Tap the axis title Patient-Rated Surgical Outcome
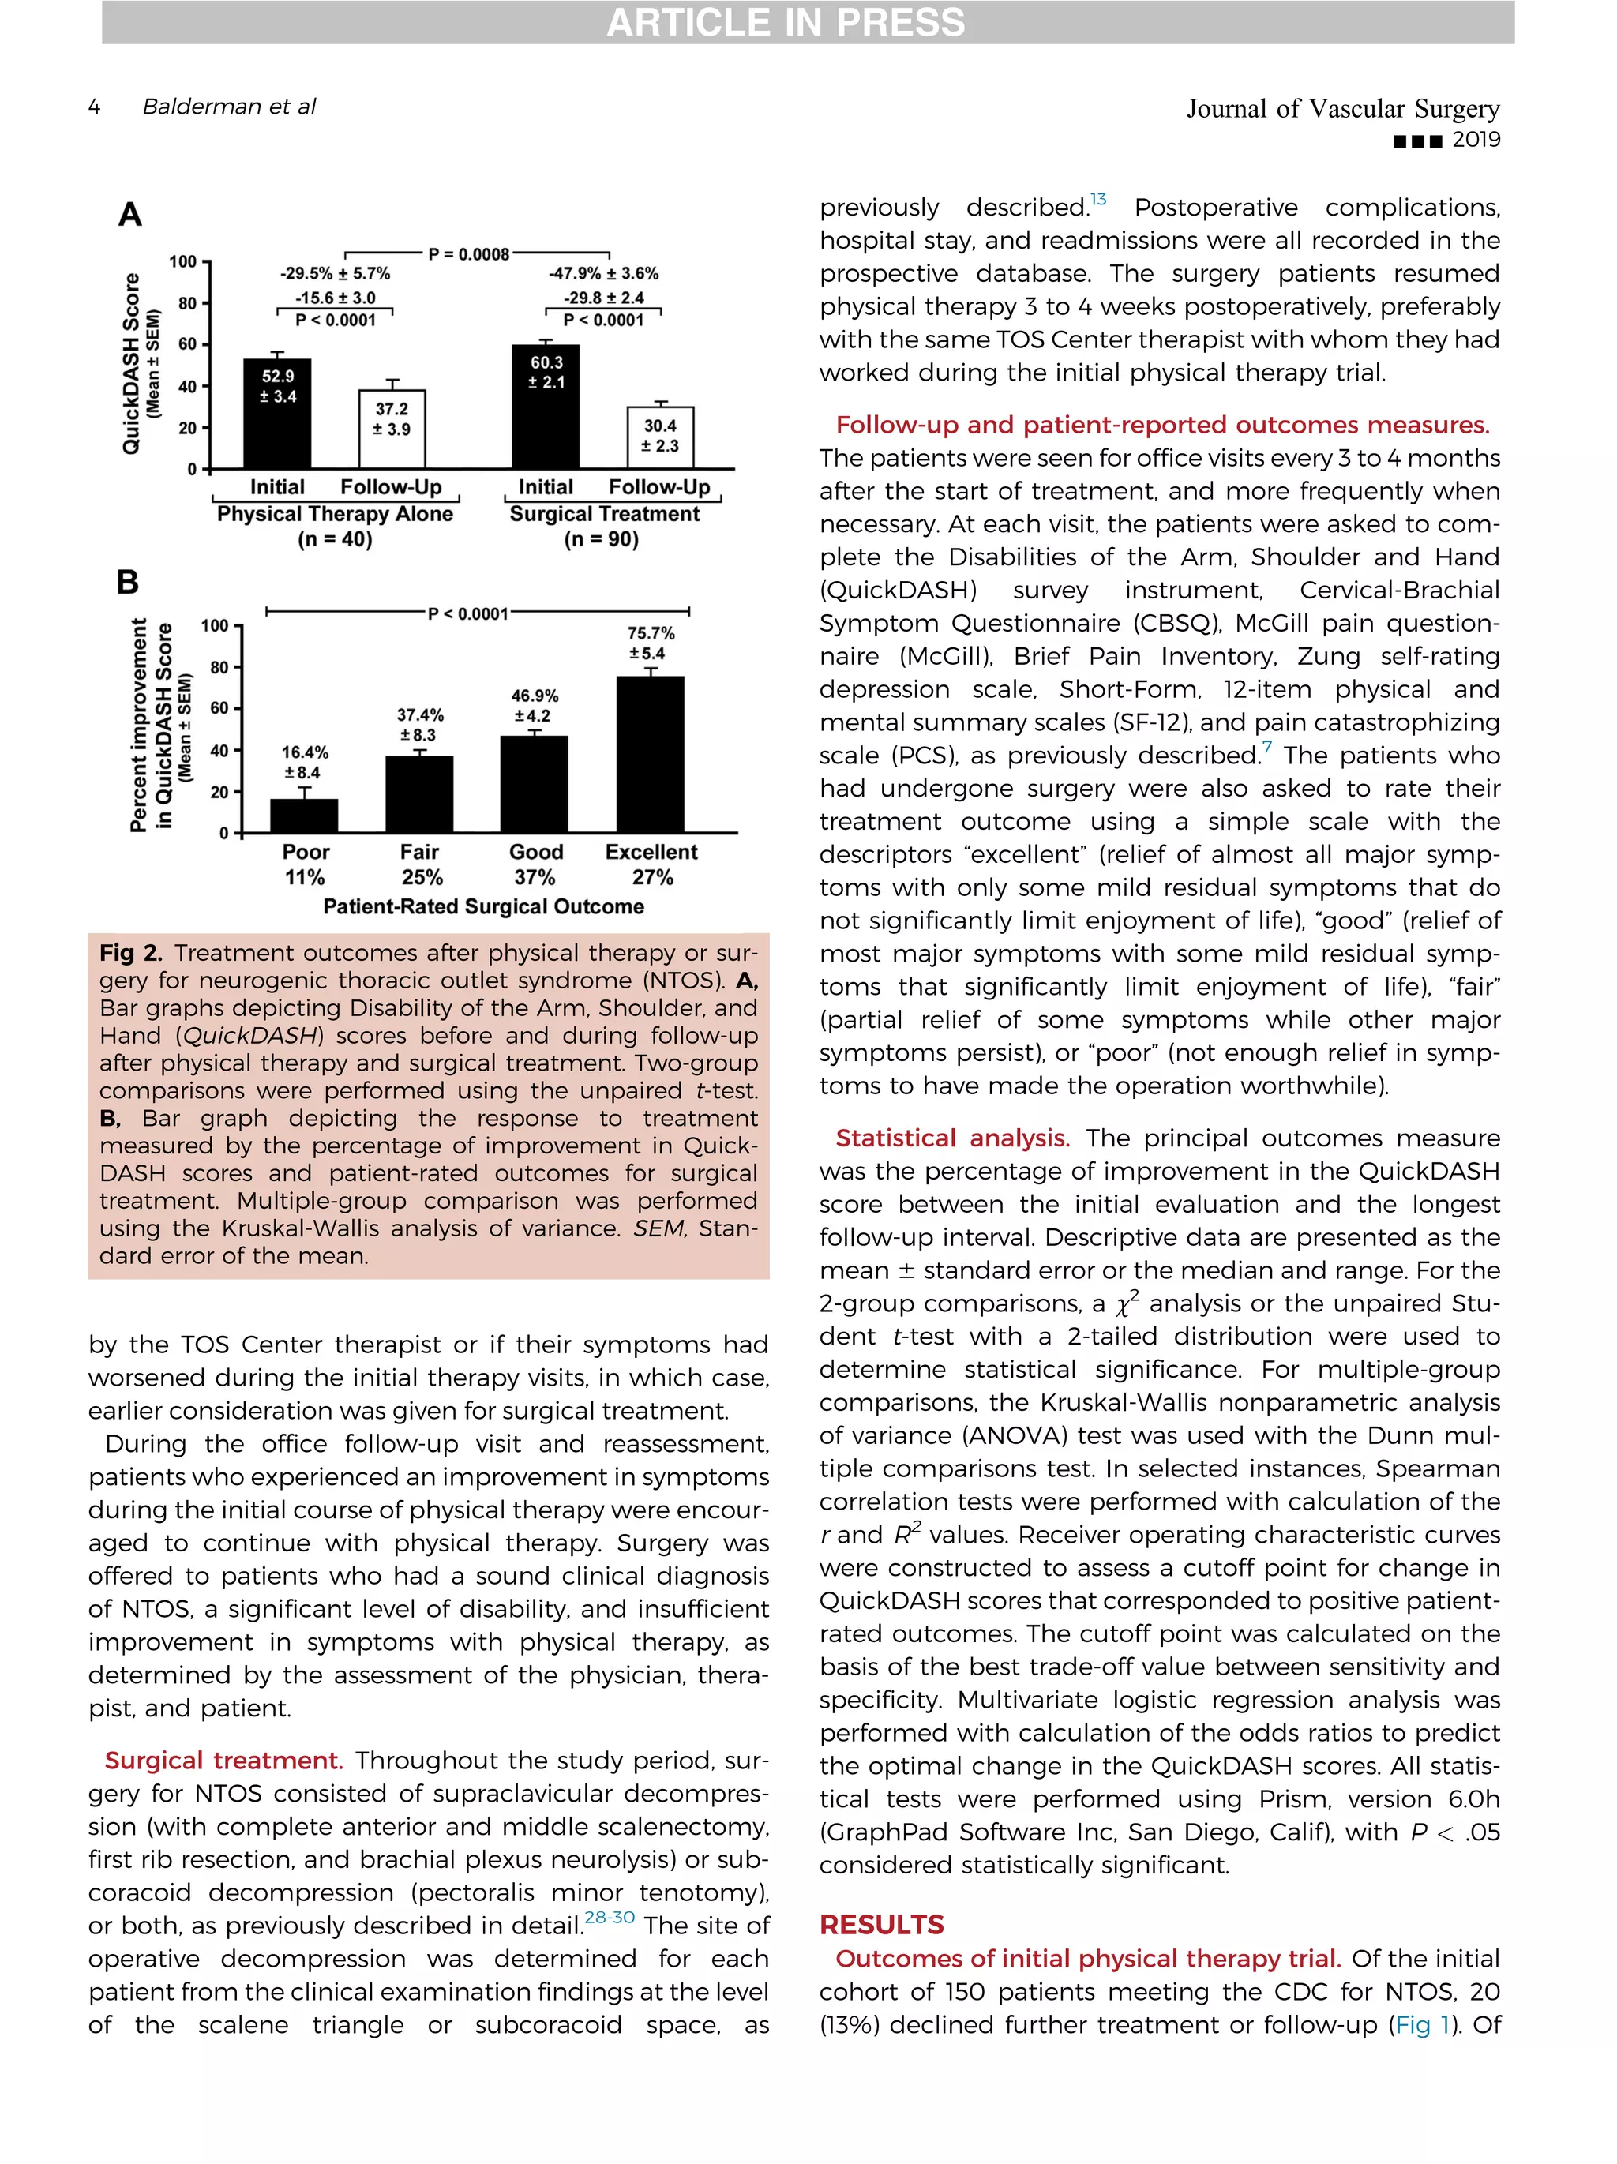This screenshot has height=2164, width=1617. [x=483, y=907]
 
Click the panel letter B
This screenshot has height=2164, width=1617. [x=127, y=583]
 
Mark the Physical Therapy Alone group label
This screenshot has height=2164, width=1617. [x=335, y=515]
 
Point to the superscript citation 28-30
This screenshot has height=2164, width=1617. [x=610, y=1918]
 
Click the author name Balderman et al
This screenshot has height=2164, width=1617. [x=229, y=107]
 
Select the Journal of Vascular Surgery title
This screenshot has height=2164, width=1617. [x=1342, y=109]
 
